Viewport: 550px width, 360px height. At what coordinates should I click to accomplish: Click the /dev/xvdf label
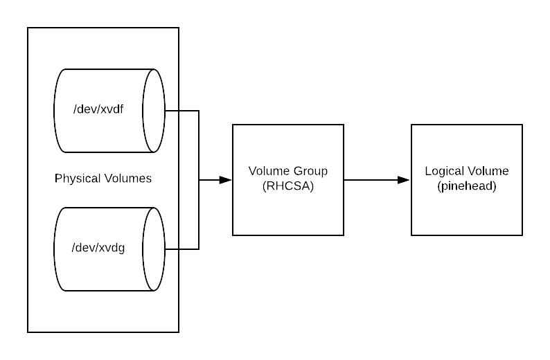point(98,109)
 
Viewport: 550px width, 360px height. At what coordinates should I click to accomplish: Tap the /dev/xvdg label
point(98,248)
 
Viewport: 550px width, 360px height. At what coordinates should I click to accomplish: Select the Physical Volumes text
point(103,179)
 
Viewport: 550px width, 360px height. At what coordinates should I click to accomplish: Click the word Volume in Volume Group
point(269,171)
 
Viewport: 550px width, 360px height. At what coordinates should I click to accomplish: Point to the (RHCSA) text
point(288,186)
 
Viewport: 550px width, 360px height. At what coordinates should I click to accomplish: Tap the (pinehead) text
point(467,186)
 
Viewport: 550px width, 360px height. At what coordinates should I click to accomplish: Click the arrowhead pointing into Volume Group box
point(226,180)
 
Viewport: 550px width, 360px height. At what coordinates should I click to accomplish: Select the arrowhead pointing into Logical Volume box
point(404,180)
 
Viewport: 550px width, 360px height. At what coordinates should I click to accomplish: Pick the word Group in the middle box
point(310,171)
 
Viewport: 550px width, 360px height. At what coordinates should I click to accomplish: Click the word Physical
point(78,179)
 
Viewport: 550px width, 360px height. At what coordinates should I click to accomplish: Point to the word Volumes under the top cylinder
point(128,179)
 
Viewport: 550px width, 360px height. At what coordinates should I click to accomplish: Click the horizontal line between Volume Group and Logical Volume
point(371,180)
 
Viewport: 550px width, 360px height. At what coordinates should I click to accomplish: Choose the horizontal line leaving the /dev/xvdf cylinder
point(182,111)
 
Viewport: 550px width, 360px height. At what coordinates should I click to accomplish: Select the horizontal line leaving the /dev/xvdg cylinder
point(182,249)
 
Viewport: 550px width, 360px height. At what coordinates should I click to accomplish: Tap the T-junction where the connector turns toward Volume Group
point(199,180)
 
